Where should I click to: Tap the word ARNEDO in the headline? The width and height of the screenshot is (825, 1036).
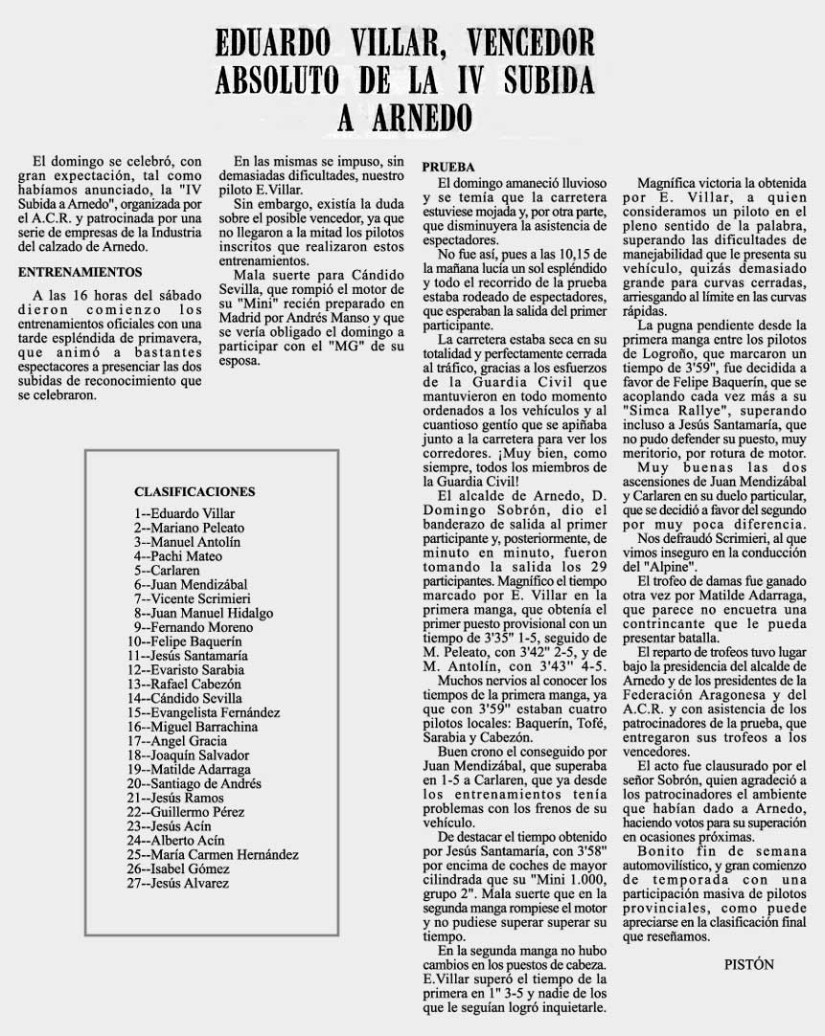pyautogui.click(x=411, y=117)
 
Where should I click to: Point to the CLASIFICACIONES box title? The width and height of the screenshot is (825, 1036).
pyautogui.click(x=195, y=491)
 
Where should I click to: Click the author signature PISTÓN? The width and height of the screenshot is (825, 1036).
pyautogui.click(x=748, y=964)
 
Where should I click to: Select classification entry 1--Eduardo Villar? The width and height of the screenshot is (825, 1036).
pyautogui.click(x=184, y=513)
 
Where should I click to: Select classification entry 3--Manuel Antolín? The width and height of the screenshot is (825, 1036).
pyautogui.click(x=187, y=541)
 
